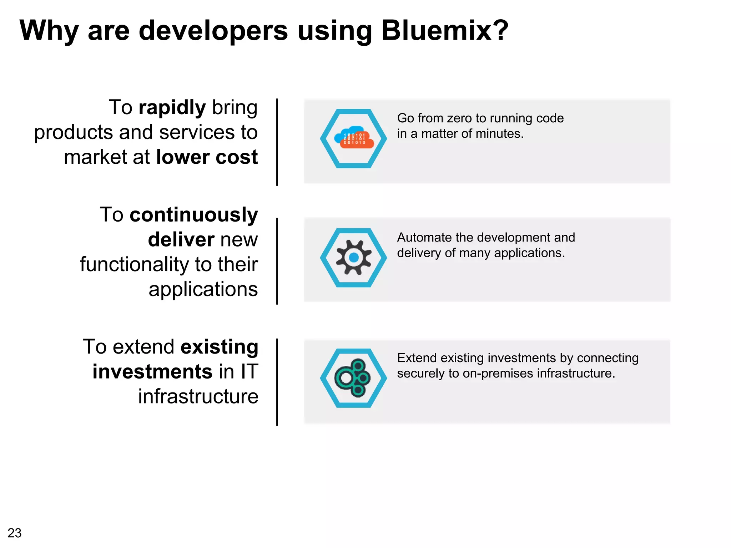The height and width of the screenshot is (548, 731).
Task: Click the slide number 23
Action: tap(14, 533)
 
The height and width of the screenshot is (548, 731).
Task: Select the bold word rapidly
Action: tap(172, 108)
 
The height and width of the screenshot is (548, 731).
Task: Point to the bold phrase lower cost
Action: tap(207, 157)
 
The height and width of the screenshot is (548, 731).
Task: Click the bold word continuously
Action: tap(193, 215)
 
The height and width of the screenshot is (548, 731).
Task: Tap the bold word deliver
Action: tap(181, 240)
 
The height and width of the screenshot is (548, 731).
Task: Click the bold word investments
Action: tap(153, 372)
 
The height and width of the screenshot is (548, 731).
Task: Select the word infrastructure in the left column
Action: tap(198, 397)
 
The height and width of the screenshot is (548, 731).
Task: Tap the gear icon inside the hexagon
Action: tap(353, 257)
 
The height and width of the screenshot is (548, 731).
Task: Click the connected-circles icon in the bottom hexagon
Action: tap(353, 378)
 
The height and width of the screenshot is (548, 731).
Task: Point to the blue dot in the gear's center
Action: tap(354, 257)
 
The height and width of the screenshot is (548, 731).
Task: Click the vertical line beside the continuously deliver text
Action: tap(277, 261)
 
